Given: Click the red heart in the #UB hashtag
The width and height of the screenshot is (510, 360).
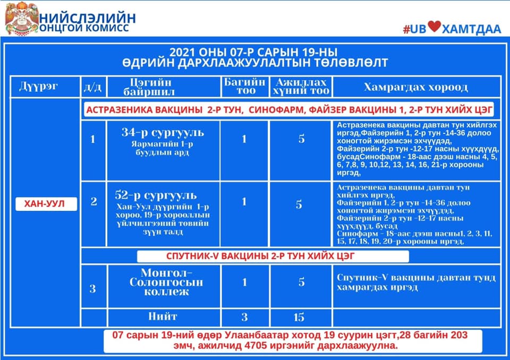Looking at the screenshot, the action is (x=434, y=27).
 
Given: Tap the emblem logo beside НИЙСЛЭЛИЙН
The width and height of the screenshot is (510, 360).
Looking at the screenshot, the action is (x=21, y=19).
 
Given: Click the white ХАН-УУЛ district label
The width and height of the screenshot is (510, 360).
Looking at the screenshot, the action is (x=46, y=204).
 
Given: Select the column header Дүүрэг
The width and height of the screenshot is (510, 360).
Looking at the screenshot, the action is (x=38, y=87).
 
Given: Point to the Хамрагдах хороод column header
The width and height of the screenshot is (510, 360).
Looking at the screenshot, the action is (x=415, y=87).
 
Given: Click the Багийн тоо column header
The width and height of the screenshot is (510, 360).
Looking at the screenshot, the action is (x=244, y=86).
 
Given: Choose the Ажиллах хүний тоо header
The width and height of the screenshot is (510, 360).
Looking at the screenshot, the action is (x=301, y=87).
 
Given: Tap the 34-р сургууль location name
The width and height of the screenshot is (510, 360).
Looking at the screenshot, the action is (x=163, y=132).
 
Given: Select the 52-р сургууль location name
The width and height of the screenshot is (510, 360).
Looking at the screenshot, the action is (x=156, y=195).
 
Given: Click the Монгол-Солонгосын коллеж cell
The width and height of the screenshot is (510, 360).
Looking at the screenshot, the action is (x=166, y=281).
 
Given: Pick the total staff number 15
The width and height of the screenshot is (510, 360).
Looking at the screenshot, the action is (x=299, y=317).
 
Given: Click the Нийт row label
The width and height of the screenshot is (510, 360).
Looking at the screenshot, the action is (x=163, y=316).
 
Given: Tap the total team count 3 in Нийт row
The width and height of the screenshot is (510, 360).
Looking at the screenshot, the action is (x=244, y=317).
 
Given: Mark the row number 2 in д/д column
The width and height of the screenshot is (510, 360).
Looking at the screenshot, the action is (x=93, y=202).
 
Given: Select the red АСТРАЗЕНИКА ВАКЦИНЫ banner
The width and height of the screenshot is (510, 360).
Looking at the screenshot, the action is (x=289, y=110).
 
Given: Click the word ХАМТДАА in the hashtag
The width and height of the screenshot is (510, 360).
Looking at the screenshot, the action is (x=471, y=29).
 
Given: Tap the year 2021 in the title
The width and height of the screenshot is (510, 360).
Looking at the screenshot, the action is (x=182, y=53).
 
